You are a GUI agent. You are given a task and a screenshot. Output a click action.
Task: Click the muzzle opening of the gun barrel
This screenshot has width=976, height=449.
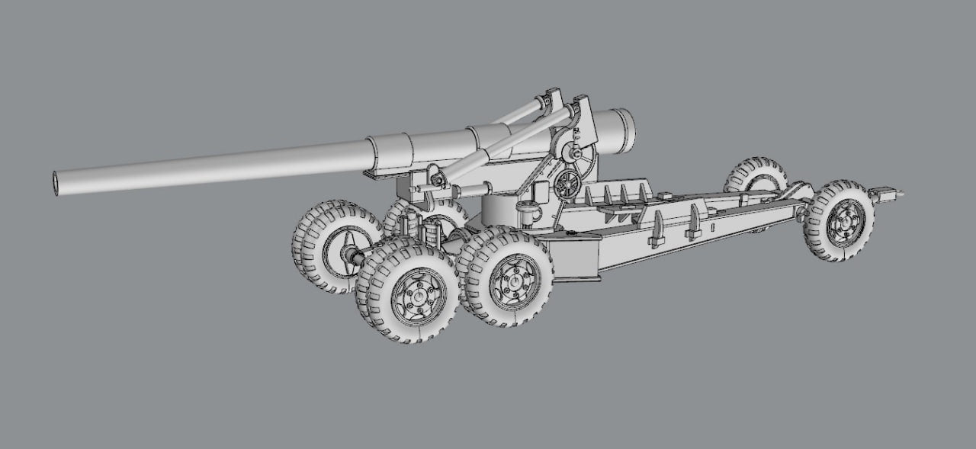click(x=56, y=183)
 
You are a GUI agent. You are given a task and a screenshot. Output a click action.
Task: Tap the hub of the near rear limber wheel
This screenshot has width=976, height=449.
click(x=843, y=221)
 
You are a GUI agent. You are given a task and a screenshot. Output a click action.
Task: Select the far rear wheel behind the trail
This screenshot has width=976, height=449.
click(x=756, y=175)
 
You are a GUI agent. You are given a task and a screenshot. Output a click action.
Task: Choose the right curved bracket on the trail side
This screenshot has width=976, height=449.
click(x=695, y=221)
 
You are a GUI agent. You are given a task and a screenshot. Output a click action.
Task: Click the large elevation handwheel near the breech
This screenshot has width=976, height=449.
click(x=579, y=156)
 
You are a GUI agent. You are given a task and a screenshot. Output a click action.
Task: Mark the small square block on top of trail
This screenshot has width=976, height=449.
click(x=669, y=196)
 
